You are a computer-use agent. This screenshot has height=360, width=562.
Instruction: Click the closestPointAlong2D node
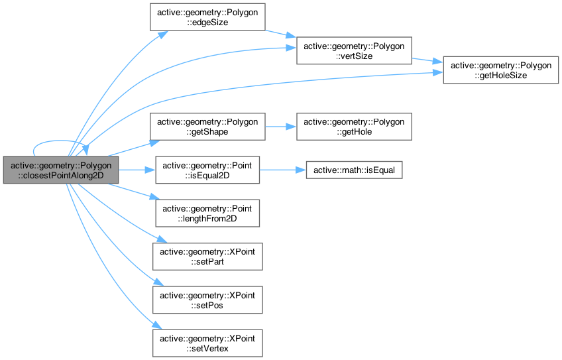(x=61, y=170)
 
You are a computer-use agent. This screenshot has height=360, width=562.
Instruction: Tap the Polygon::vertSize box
(x=354, y=50)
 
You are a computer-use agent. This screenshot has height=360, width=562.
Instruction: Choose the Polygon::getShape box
(x=207, y=126)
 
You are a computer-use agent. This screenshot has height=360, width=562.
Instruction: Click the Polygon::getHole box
(x=354, y=126)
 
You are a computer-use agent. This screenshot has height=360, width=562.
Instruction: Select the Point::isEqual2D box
(x=207, y=170)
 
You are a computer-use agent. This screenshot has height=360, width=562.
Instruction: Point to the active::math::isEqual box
(x=353, y=170)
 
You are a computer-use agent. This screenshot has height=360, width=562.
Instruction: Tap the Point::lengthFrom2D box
(x=207, y=212)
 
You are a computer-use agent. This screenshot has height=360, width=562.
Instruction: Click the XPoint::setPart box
(x=207, y=256)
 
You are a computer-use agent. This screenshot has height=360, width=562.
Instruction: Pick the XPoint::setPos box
(x=207, y=300)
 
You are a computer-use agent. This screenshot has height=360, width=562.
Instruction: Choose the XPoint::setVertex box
(x=207, y=343)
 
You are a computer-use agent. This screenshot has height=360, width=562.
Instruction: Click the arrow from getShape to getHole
(x=280, y=126)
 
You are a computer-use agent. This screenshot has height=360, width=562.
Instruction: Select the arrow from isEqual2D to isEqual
(x=282, y=170)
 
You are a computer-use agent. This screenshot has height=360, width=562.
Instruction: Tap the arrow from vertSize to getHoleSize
(x=427, y=60)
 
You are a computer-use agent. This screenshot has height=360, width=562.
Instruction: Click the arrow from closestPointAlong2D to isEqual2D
(x=137, y=170)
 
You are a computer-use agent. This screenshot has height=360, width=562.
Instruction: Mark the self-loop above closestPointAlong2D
(x=53, y=142)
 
